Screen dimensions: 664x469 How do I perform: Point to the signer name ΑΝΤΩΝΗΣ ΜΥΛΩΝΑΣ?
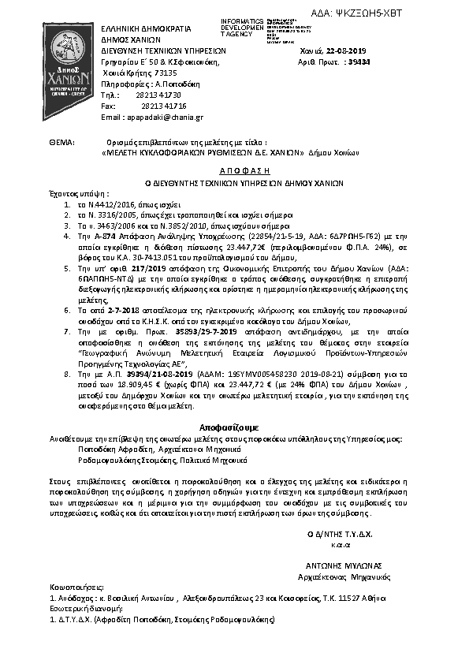[x=343, y=565]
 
